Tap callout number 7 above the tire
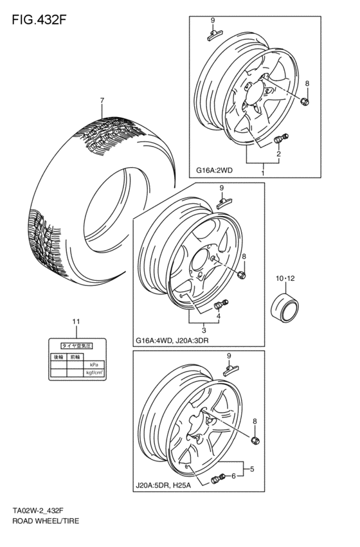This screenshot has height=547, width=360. click(x=102, y=100)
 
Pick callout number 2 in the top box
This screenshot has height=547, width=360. click(x=278, y=155)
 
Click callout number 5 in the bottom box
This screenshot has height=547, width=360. click(x=252, y=469)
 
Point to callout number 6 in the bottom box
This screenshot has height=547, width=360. click(x=233, y=476)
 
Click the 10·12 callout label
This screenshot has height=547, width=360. click(x=285, y=278)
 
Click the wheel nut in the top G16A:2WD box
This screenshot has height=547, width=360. click(x=305, y=101)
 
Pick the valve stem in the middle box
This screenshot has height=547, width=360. click(x=219, y=304)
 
